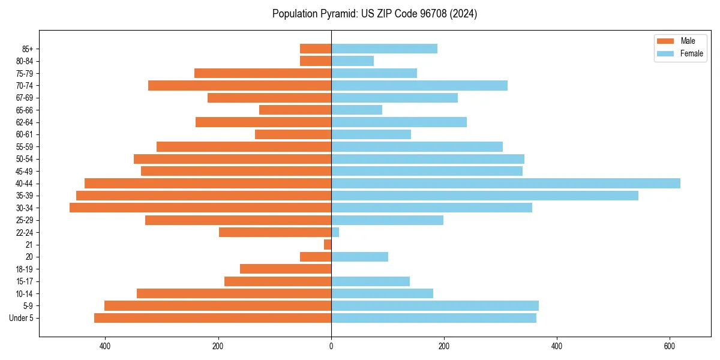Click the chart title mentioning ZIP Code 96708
pyautogui.click(x=374, y=14)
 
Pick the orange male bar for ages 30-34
pyautogui.click(x=200, y=208)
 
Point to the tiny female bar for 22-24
pyautogui.click(x=335, y=232)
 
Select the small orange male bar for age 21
pyautogui.click(x=328, y=245)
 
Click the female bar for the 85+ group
pyautogui.click(x=384, y=49)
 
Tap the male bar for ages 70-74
pyautogui.click(x=239, y=85)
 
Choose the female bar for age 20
pyautogui.click(x=359, y=257)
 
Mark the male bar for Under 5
pyautogui.click(x=212, y=318)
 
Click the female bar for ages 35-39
pyautogui.click(x=484, y=196)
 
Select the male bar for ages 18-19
pyautogui.click(x=286, y=269)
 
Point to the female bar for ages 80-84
pyautogui.click(x=352, y=61)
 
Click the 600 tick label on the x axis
pyautogui.click(x=670, y=346)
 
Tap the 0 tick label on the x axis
pyautogui.click(x=331, y=346)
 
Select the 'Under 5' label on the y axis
pyautogui.click(x=22, y=318)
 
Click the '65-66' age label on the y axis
pyautogui.click(x=25, y=110)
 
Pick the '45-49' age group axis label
pyautogui.click(x=25, y=171)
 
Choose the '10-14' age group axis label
pyautogui.click(x=25, y=293)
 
